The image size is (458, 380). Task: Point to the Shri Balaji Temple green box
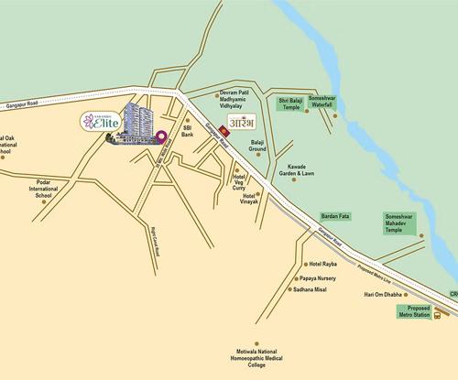pos(291,105)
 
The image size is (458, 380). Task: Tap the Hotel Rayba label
pos(310,264)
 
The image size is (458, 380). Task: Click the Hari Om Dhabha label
pos(383,296)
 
